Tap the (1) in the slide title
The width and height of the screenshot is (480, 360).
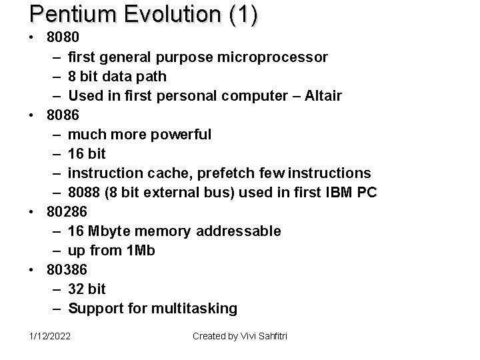pyautogui.click(x=243, y=15)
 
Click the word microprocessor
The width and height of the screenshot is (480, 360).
pyautogui.click(x=273, y=57)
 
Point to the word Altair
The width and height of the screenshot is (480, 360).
pyautogui.click(x=323, y=96)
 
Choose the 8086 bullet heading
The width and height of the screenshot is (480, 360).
pyautogui.click(x=62, y=115)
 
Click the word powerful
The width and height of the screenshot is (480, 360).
pyautogui.click(x=181, y=135)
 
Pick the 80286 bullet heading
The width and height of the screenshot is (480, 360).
pyautogui.click(x=67, y=212)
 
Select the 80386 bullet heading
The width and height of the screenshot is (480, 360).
pyautogui.click(x=67, y=270)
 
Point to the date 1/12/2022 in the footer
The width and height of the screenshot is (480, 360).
pyautogui.click(x=49, y=336)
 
